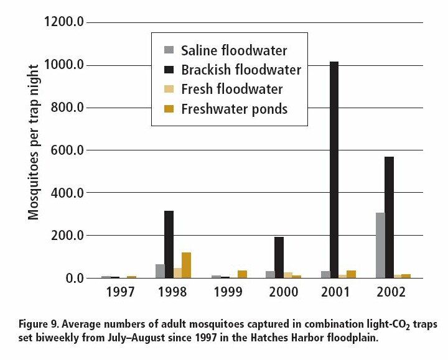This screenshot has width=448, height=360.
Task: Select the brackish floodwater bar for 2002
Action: click(389, 217)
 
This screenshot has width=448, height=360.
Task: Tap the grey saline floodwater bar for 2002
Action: click(380, 245)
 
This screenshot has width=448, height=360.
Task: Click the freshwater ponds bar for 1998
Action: click(186, 265)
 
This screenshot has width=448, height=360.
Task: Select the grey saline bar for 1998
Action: click(159, 271)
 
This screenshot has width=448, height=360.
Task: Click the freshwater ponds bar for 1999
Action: click(242, 274)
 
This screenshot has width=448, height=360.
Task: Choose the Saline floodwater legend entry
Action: click(234, 50)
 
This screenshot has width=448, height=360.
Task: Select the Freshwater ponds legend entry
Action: click(234, 109)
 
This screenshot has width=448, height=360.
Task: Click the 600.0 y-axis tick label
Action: click(67, 150)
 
